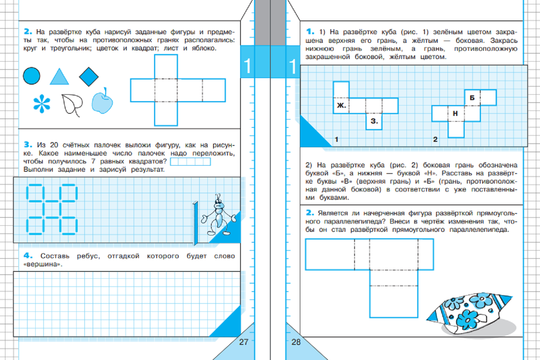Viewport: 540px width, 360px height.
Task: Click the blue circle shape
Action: click(32, 76)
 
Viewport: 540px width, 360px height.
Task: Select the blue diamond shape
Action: click(89, 77)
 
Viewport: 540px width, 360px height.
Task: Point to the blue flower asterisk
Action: click(42, 104)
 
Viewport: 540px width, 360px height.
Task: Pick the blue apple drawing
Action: click(102, 101)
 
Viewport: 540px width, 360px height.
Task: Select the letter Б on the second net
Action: click(472, 98)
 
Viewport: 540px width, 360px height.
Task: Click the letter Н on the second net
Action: click(455, 113)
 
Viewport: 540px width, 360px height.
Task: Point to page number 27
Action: click(244, 342)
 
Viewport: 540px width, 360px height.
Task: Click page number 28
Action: click(296, 342)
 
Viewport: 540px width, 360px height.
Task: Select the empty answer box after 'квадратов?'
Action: click(190, 162)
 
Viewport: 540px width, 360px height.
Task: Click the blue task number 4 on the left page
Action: click(28, 256)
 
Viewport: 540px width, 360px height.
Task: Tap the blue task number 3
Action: click(28, 144)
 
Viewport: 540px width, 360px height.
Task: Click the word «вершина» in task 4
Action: click(42, 264)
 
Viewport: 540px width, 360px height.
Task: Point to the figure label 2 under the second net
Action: click(435, 139)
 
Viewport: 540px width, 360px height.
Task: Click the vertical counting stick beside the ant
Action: click(195, 223)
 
